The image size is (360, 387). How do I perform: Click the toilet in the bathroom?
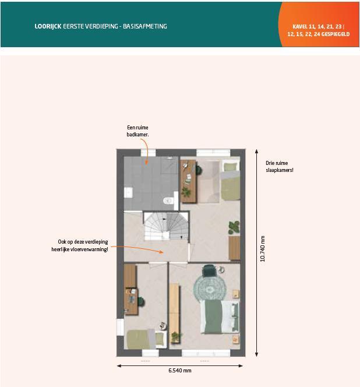tap(168, 200)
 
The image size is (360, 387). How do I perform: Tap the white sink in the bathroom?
tap(128, 192)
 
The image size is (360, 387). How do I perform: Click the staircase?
tap(166, 226)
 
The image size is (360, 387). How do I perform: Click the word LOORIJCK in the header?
tap(48, 26)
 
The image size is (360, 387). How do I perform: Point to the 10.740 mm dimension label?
tap(263, 248)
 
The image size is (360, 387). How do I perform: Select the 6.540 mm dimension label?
tap(180, 371)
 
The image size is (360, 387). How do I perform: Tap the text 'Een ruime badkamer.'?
tap(137, 131)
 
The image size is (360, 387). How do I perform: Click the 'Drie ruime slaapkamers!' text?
tap(279, 167)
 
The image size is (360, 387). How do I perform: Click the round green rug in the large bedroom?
tap(210, 287)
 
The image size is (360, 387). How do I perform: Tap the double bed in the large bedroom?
tap(220, 316)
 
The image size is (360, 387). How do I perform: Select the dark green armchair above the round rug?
tap(209, 270)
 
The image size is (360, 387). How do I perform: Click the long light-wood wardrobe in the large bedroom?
tap(174, 313)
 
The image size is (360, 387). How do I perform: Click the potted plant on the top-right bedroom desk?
tap(186, 192)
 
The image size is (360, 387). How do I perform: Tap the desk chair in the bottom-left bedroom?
tap(140, 301)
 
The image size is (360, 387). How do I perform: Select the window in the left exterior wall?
tap(120, 327)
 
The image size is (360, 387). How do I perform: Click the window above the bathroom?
tap(148, 153)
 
